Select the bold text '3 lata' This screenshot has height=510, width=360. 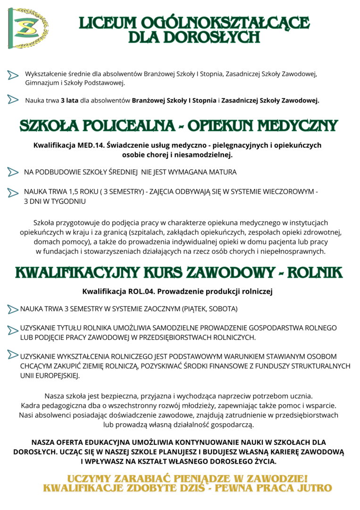click(69, 100)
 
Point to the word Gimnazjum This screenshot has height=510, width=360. click(42, 83)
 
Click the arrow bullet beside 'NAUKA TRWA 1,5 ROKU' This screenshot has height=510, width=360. click(13, 193)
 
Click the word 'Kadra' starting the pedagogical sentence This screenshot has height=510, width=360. click(31, 405)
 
